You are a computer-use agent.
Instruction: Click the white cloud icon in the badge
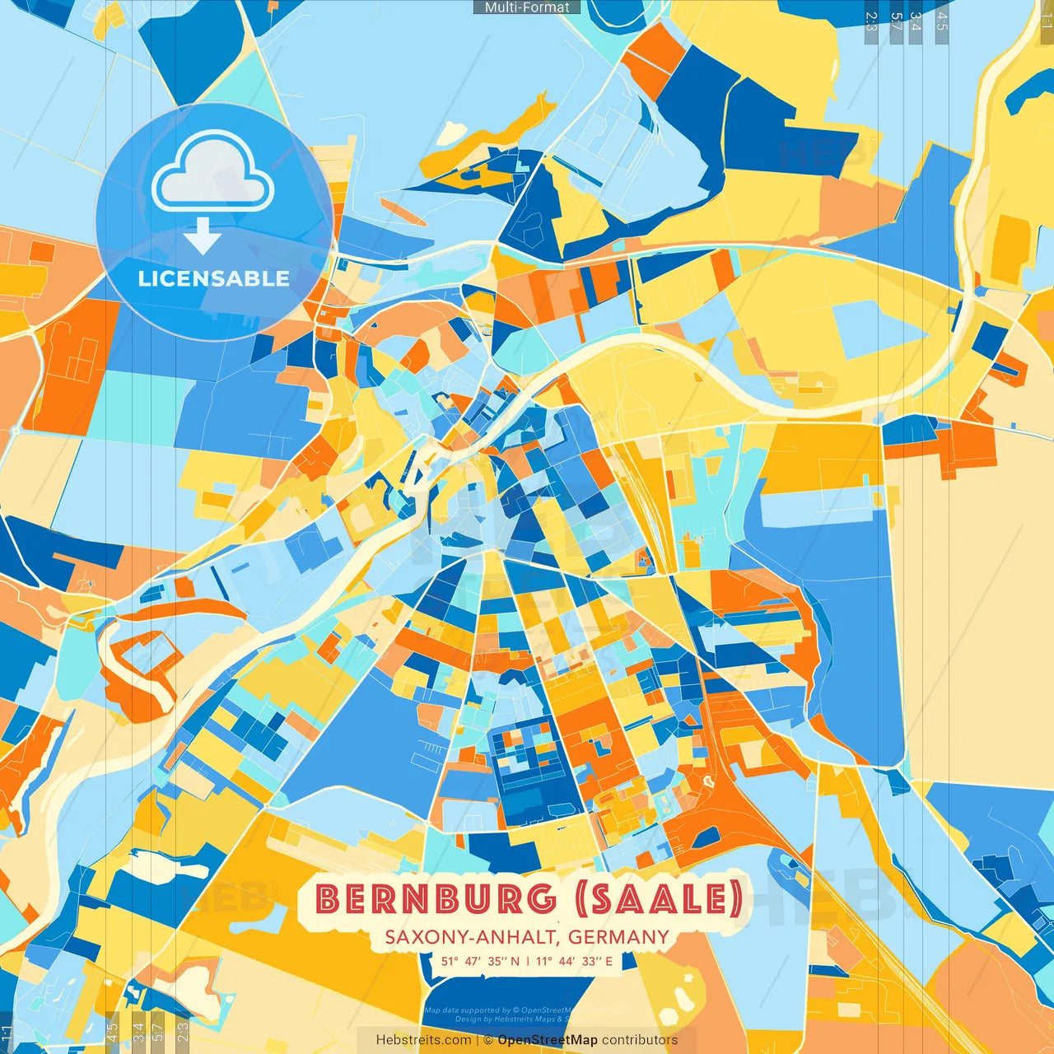[x=212, y=175]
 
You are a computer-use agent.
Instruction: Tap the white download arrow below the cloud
[x=202, y=237]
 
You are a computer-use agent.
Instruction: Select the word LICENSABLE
[x=213, y=278]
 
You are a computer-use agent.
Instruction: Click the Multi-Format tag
[x=527, y=7]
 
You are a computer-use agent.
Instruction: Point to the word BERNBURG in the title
[x=436, y=899]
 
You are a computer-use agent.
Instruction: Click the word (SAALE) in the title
[x=660, y=899]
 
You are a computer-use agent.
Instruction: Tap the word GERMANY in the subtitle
[x=618, y=937]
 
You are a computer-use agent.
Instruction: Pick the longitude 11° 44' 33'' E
[x=574, y=961]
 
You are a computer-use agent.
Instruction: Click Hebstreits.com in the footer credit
[x=424, y=1040]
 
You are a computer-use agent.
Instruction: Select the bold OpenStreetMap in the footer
[x=548, y=1040]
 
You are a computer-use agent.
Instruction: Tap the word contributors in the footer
[x=640, y=1040]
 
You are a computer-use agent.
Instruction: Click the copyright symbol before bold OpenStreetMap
[x=488, y=1040]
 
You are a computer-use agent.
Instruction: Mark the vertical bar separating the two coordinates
[x=527, y=961]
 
